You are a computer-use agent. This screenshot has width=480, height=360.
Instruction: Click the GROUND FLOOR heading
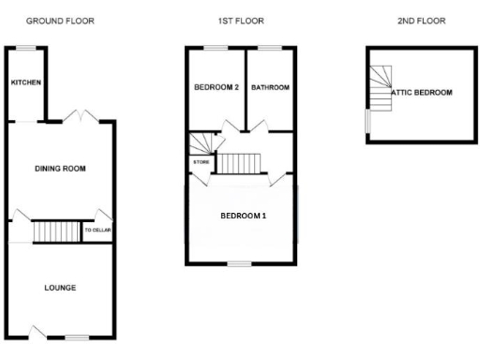point(60,20)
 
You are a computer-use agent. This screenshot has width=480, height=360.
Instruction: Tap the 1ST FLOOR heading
point(241,20)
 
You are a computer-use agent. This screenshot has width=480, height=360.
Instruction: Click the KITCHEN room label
point(25,83)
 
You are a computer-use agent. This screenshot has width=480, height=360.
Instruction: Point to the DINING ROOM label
point(60,169)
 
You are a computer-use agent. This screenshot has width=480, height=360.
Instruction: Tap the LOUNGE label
point(60,287)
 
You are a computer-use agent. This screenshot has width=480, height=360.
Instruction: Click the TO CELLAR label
point(97,230)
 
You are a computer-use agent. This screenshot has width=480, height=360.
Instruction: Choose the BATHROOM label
point(270,87)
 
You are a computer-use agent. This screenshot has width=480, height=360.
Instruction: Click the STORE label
point(201,163)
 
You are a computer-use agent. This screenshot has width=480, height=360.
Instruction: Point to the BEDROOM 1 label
point(244,216)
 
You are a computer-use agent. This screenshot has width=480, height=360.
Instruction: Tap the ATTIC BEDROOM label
point(422,93)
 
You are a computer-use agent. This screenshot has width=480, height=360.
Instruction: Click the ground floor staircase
point(57,231)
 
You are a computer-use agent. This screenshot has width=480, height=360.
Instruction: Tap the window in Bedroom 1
point(243,262)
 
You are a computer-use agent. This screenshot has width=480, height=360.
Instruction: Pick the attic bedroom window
point(367,122)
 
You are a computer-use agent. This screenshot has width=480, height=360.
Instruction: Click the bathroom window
point(270,47)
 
